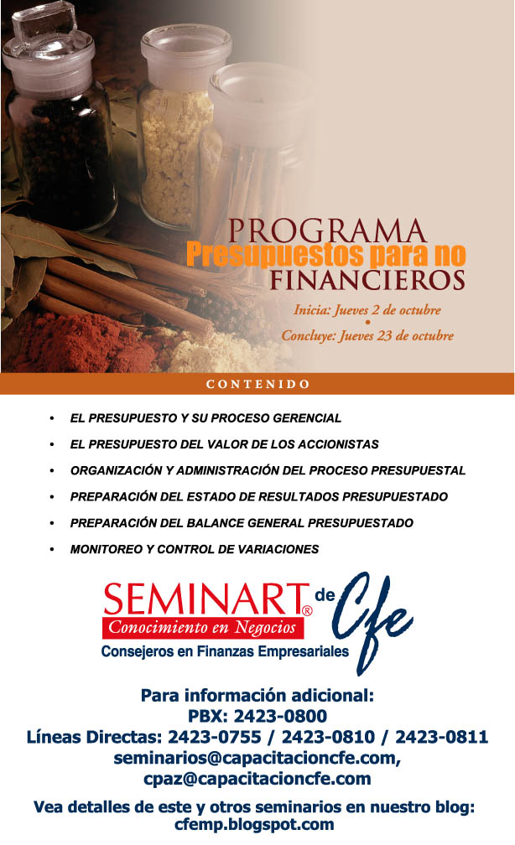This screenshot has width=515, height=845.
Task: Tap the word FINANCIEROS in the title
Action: pyautogui.click(x=367, y=280)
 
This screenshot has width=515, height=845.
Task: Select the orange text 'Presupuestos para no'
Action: pyautogui.click(x=325, y=254)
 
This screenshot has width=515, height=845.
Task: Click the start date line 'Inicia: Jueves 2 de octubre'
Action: pyautogui.click(x=367, y=310)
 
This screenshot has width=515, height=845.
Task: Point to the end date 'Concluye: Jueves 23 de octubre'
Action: pyautogui.click(x=367, y=335)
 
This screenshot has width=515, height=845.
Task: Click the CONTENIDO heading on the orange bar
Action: pyautogui.click(x=257, y=384)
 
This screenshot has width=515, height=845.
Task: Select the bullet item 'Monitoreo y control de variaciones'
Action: pyautogui.click(x=194, y=549)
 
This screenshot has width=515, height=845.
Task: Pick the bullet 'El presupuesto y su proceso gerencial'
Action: pyautogui.click(x=205, y=418)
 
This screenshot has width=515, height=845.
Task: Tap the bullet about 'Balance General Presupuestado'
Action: pyautogui.click(x=242, y=523)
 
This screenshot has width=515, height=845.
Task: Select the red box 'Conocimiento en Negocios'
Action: pyautogui.click(x=203, y=628)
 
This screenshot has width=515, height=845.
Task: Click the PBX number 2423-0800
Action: pyautogui.click(x=280, y=716)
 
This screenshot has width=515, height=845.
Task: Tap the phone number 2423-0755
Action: pyautogui.click(x=215, y=737)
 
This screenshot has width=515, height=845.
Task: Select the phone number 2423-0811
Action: pyautogui.click(x=442, y=737)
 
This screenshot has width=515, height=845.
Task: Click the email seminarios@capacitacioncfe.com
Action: pyautogui.click(x=256, y=758)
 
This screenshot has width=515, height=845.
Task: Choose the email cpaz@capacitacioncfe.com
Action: pyautogui.click(x=257, y=780)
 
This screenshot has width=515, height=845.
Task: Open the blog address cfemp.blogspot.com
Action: pyautogui.click(x=254, y=825)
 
